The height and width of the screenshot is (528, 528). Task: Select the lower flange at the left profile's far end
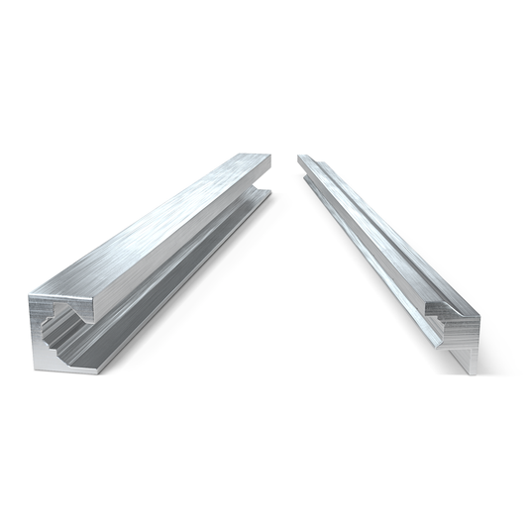[264, 192]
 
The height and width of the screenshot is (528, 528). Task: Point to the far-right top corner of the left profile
[270, 155]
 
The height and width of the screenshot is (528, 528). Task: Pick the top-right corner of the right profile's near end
[480, 317]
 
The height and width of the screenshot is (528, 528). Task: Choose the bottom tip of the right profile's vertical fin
[473, 372]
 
